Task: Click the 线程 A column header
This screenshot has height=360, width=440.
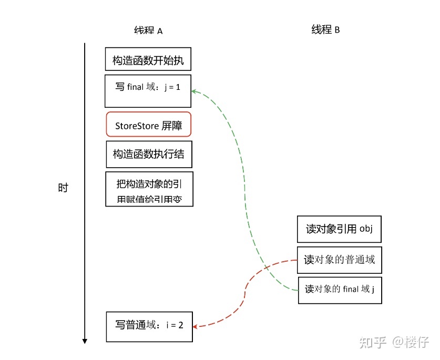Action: (x=148, y=30)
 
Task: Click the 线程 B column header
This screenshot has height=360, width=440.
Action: (x=325, y=29)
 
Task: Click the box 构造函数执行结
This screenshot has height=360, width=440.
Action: (x=149, y=154)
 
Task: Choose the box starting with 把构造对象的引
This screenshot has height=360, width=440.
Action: (x=149, y=189)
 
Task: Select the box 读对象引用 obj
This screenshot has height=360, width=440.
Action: (x=339, y=229)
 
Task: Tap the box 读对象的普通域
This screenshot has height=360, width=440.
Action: (x=339, y=260)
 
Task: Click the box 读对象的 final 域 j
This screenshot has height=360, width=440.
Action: (x=340, y=290)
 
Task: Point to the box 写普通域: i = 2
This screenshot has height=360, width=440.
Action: (x=149, y=326)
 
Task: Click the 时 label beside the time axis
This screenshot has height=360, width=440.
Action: (x=63, y=188)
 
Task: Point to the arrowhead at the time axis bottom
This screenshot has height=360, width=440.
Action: (x=85, y=341)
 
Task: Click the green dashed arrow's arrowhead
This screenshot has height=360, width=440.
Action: (x=193, y=91)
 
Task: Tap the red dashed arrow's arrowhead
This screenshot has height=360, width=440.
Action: (x=195, y=326)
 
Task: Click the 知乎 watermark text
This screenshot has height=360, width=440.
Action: (x=371, y=342)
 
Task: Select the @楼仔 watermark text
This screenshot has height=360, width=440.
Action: (x=410, y=342)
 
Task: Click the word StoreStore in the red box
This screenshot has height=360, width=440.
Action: (x=134, y=126)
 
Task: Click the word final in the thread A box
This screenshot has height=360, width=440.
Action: (x=135, y=87)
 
